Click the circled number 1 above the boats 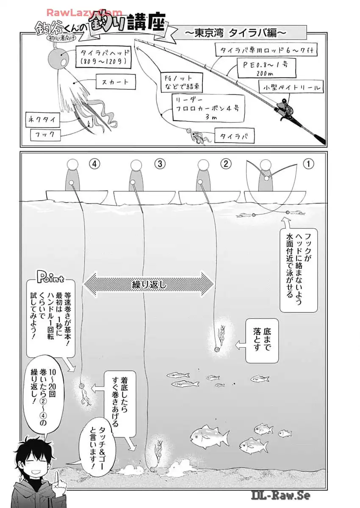308,164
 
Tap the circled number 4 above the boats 94,164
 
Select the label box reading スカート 115,82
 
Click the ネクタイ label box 42,119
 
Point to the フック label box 46,135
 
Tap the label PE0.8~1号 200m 266,68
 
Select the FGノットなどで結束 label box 181,83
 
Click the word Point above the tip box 50,278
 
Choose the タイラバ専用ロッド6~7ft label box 266,50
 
